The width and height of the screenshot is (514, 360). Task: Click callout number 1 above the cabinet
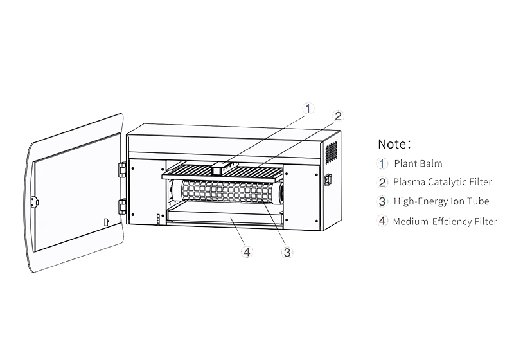[310, 108]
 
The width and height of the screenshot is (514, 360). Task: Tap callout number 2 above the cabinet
[339, 116]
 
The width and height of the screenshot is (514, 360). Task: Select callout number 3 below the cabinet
[287, 253]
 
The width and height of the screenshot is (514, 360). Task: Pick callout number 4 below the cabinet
[247, 252]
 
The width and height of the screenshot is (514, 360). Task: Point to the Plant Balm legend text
[418, 163]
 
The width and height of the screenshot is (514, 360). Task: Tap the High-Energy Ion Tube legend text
[441, 201]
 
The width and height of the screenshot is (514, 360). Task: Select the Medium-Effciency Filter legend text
[445, 221]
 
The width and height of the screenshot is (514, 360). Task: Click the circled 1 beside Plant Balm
[383, 163]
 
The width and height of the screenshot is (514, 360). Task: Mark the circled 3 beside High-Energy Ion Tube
[383, 201]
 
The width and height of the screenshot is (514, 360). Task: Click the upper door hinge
[122, 169]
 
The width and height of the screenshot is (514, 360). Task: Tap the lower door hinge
[122, 206]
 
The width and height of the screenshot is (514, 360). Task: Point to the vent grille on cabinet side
[331, 153]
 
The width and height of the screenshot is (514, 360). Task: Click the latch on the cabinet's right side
[328, 180]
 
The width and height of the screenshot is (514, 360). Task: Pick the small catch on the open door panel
[107, 222]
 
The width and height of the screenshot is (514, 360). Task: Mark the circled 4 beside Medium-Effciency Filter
[383, 221]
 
